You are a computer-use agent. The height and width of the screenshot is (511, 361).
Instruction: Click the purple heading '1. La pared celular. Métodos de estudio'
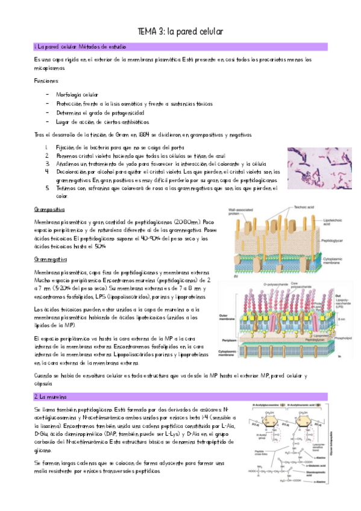[73, 46]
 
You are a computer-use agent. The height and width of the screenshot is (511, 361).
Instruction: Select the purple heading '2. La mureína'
[51, 397]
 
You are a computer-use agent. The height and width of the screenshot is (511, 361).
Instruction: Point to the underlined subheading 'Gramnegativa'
[49, 259]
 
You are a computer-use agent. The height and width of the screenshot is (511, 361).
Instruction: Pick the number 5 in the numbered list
[46, 188]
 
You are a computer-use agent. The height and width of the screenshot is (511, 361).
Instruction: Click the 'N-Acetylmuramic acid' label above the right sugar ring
[302, 404]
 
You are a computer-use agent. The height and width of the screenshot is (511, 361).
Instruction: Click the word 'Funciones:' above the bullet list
[47, 80]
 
